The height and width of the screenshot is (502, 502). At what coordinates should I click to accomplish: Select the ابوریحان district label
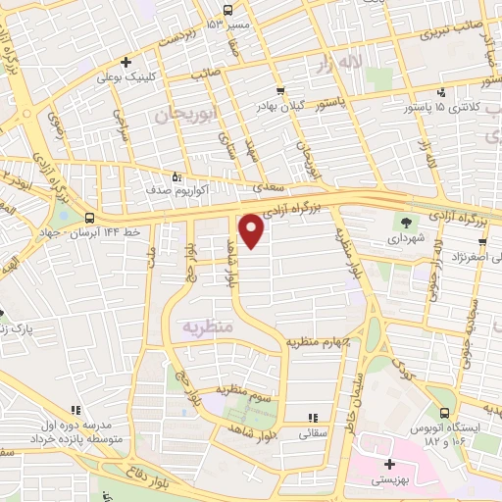point(183,115)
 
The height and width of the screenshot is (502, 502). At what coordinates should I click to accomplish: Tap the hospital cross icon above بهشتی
point(389,464)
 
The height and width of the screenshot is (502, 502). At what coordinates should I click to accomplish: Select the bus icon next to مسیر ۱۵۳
point(227,9)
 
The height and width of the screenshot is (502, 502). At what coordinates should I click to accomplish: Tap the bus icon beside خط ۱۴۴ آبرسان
point(90,218)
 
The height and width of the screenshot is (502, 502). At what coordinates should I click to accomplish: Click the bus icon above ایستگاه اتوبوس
point(443,414)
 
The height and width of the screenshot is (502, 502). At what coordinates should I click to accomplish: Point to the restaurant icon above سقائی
point(313,417)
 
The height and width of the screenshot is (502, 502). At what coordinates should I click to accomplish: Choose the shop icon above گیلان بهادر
point(281,90)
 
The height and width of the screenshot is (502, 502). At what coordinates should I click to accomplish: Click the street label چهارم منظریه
point(318,342)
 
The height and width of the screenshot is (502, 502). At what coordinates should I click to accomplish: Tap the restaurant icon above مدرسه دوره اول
point(76,411)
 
